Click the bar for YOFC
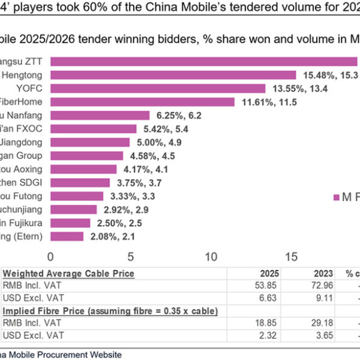158,88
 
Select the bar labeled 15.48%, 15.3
173,74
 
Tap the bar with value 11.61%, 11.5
142,102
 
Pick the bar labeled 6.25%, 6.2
100,115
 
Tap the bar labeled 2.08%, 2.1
67,236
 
